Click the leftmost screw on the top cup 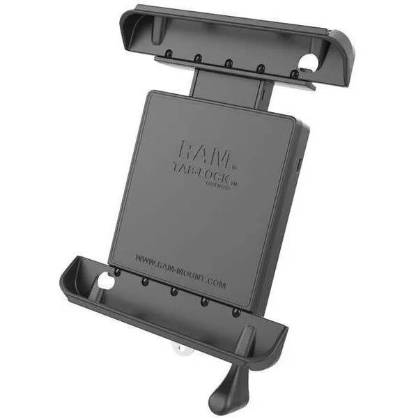pos(169,54)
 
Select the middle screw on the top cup pos(229,63)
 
